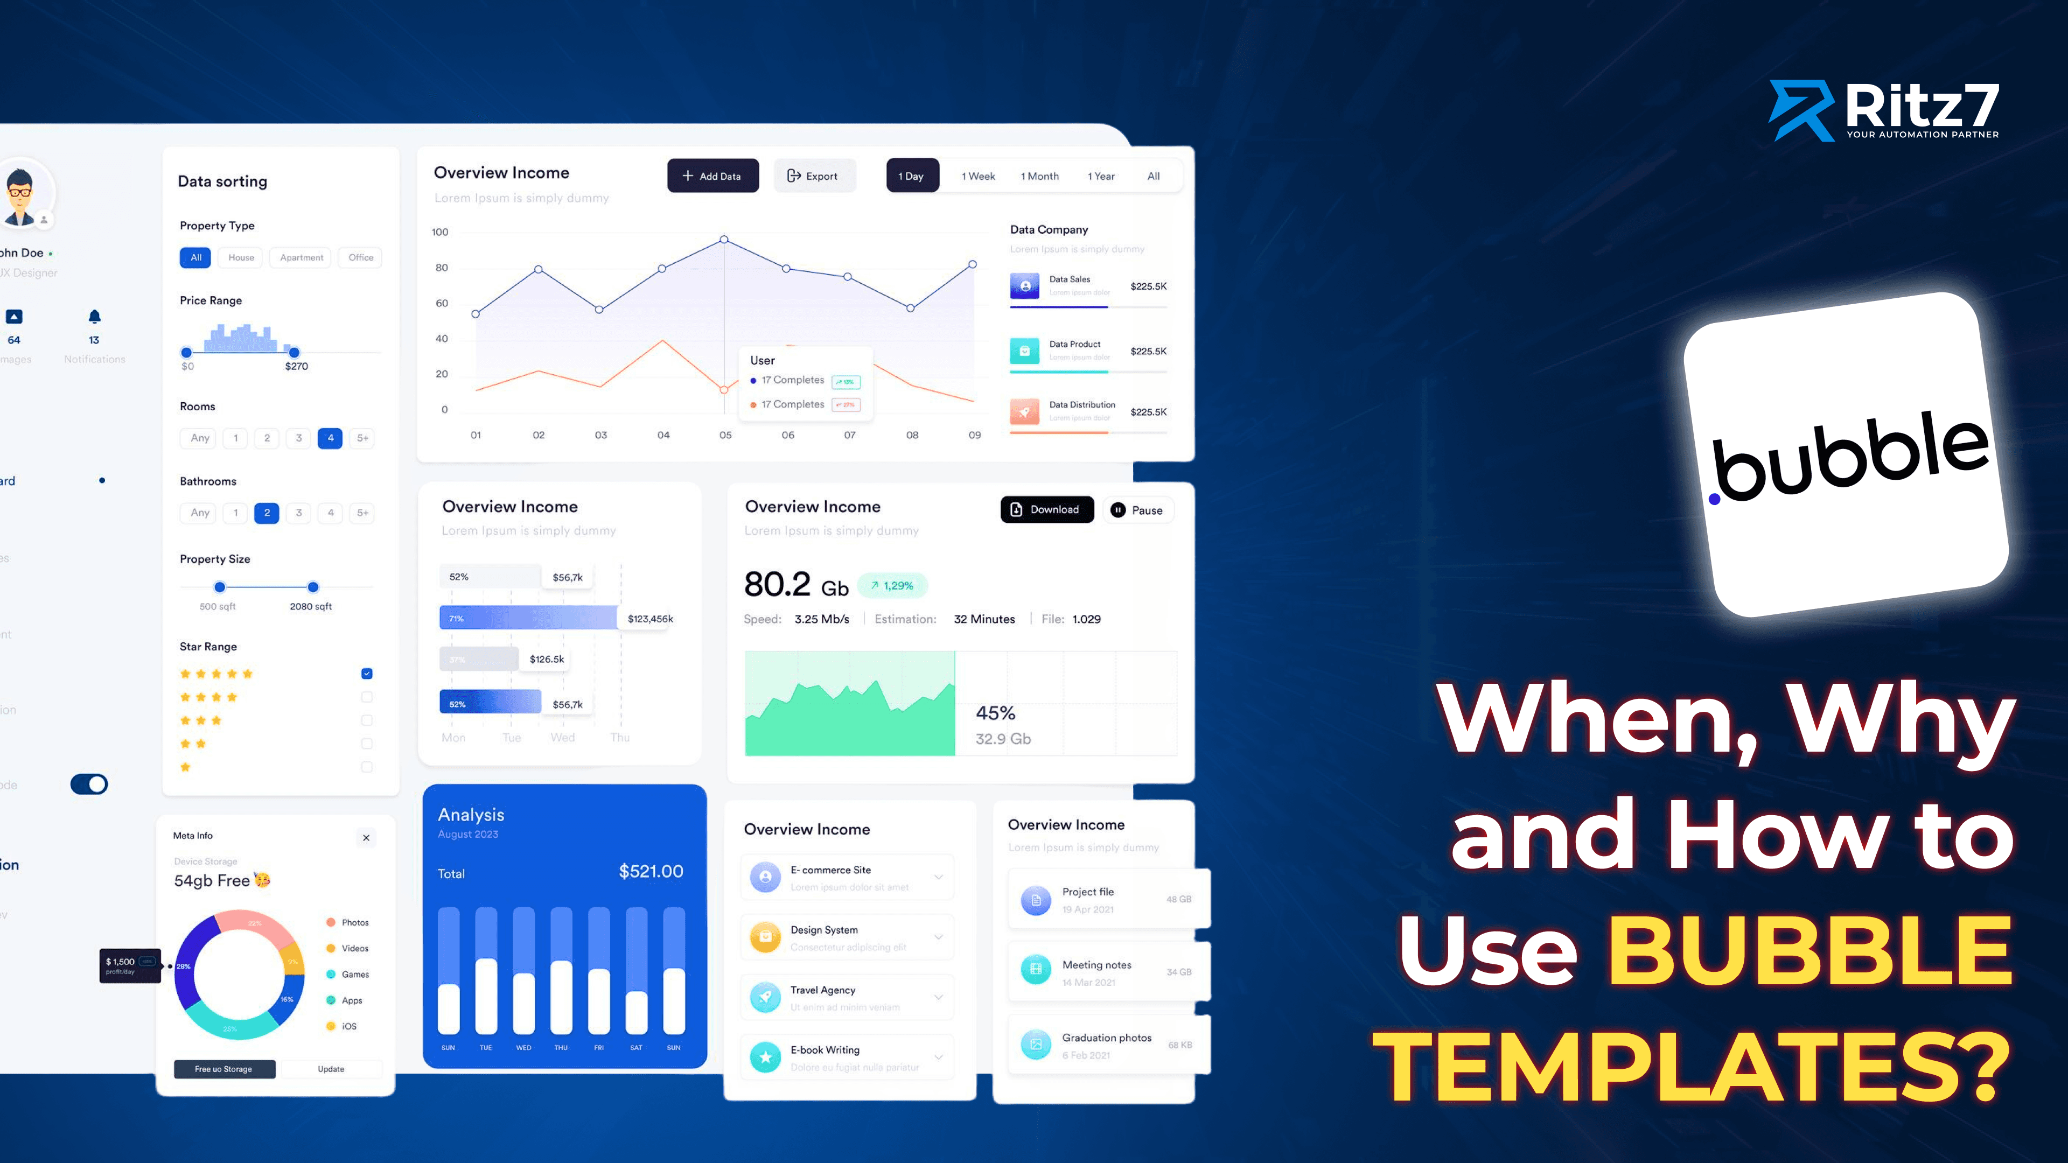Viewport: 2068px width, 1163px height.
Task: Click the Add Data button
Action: click(712, 176)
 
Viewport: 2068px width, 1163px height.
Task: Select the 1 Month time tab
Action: click(1039, 176)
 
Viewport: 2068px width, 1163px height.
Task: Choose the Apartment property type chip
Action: click(301, 258)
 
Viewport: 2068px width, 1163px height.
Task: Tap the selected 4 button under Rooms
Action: click(330, 438)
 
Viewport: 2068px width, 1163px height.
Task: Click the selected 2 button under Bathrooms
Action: click(267, 513)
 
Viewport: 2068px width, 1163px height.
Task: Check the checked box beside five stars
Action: click(367, 674)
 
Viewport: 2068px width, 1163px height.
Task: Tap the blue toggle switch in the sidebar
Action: click(89, 784)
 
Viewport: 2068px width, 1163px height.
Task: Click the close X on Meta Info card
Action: click(366, 838)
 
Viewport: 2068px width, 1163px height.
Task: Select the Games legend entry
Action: click(355, 975)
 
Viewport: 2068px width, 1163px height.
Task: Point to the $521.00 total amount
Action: click(650, 872)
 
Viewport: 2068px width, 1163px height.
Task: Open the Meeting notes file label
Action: click(1096, 965)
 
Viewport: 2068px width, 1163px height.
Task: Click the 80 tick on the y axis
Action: click(442, 268)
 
